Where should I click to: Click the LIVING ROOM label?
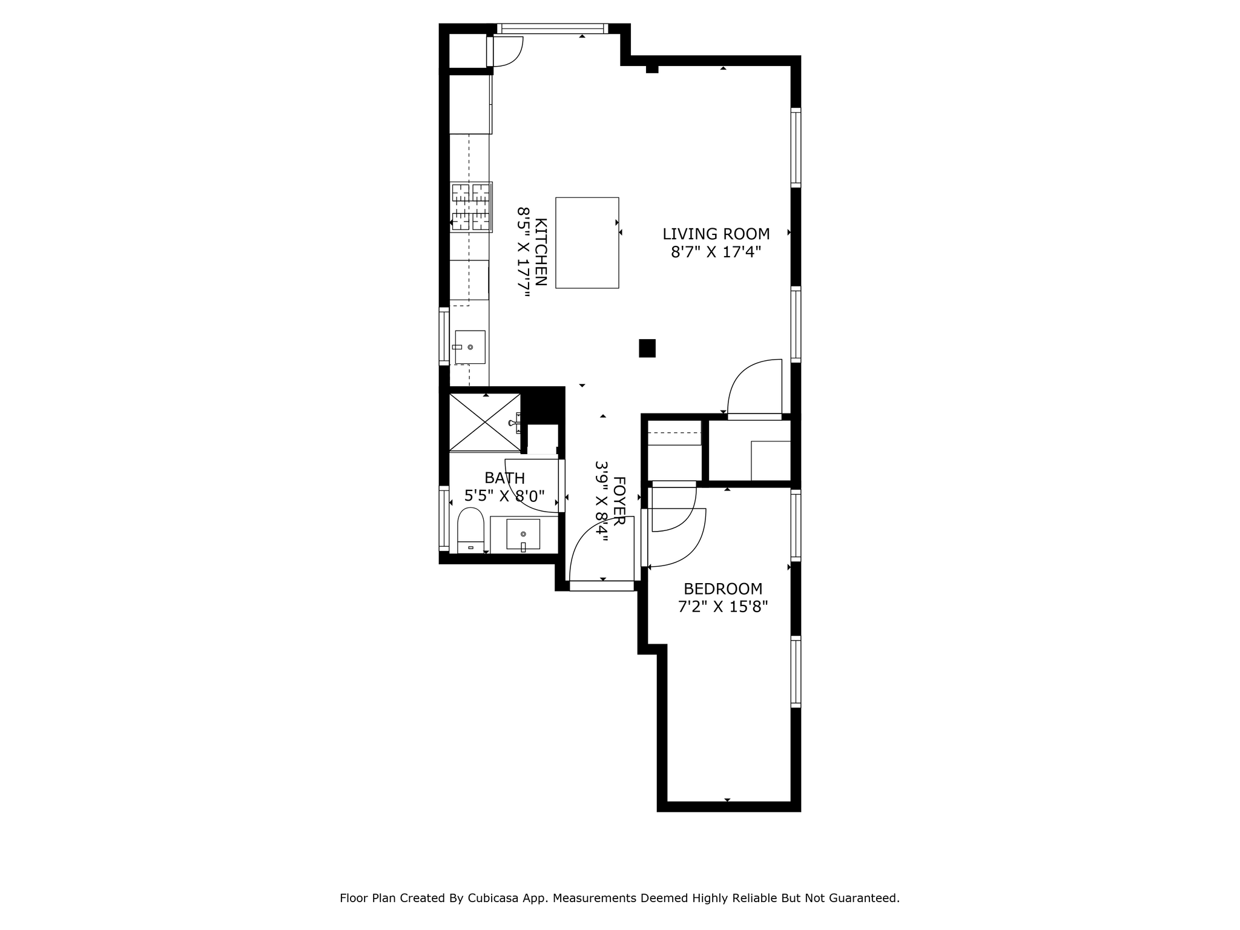(x=716, y=234)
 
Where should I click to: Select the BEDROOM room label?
(x=722, y=589)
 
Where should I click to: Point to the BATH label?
(x=504, y=478)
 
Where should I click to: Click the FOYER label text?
(x=619, y=501)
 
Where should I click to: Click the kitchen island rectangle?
(x=587, y=242)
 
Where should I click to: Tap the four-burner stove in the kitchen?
(x=471, y=207)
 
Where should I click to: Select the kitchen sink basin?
(x=470, y=347)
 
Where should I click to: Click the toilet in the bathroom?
(x=470, y=530)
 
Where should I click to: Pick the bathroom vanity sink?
(x=523, y=534)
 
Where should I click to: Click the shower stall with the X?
(x=484, y=422)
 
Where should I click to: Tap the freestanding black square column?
(x=647, y=348)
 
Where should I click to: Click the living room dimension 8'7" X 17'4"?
(x=716, y=252)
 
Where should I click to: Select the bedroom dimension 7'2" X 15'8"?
(x=722, y=607)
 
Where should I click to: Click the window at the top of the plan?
(x=552, y=28)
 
